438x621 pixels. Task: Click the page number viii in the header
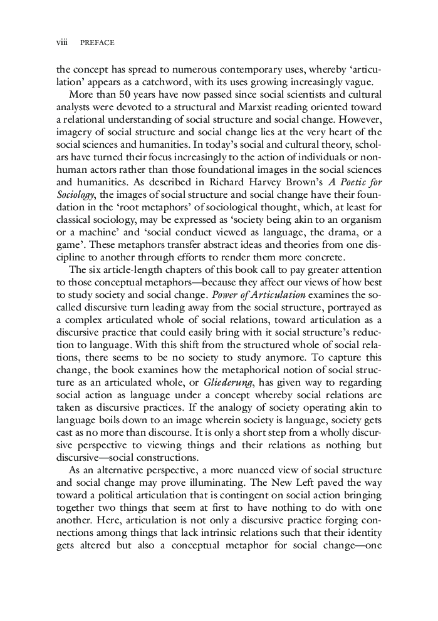[61, 43]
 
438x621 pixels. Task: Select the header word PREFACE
[97, 43]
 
